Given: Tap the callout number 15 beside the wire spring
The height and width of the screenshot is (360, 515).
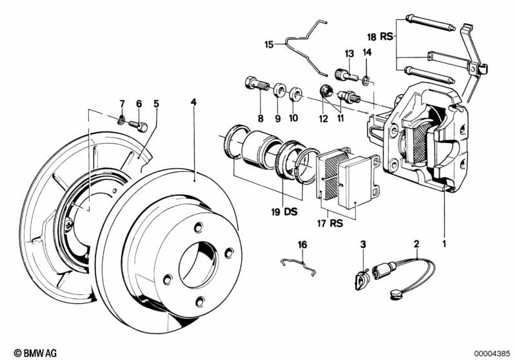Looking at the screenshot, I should [269, 44].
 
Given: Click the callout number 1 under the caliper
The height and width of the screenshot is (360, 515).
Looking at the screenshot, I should [443, 244].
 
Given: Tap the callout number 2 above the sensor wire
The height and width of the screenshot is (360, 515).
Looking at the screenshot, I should [416, 243].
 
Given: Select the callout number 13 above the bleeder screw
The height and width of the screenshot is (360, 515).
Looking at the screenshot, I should [349, 53].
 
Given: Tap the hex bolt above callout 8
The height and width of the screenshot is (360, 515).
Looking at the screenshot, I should [256, 84].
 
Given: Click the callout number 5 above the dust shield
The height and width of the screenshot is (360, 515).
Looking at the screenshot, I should [155, 103].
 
